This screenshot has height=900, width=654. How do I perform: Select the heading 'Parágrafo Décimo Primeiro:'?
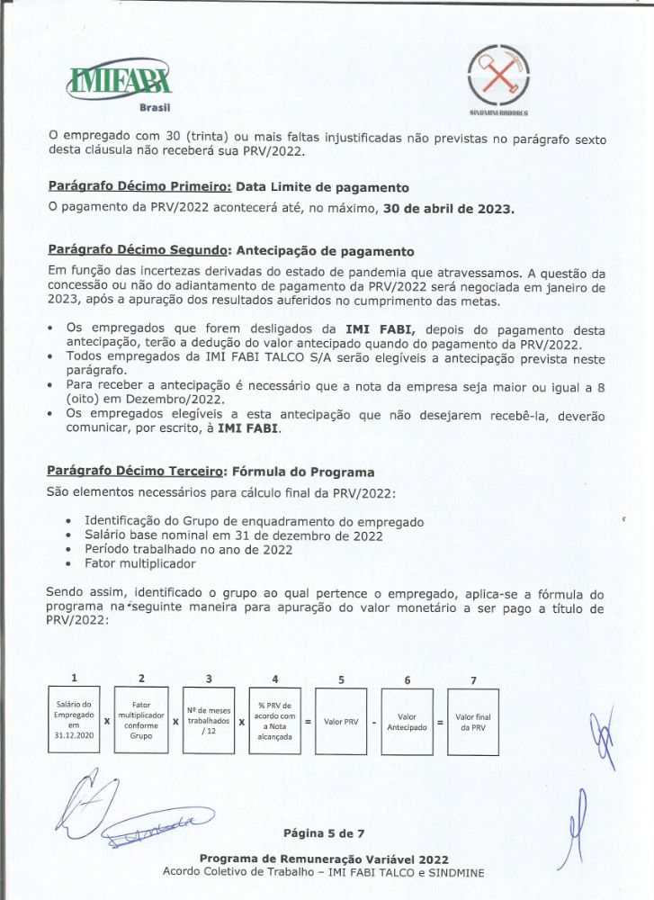(x=139, y=188)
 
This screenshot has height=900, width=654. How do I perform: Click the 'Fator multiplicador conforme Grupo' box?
(x=141, y=720)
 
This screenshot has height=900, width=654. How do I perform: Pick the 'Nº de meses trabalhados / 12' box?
(x=209, y=720)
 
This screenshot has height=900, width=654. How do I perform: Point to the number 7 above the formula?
(x=473, y=680)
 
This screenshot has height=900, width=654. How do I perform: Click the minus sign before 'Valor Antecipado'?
(x=373, y=722)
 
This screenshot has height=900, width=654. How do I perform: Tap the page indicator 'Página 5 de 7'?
(x=323, y=832)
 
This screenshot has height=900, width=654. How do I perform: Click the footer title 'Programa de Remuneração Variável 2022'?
(x=324, y=859)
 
